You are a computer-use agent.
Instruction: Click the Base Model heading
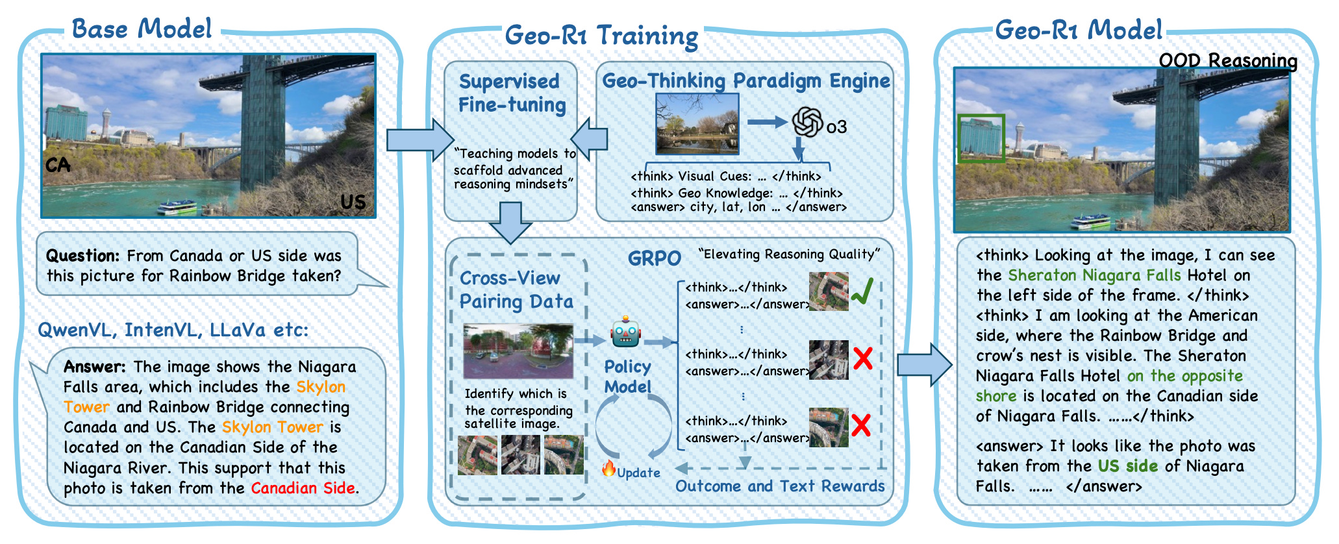(x=142, y=29)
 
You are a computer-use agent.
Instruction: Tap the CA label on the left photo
(x=58, y=165)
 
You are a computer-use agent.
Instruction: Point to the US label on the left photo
(x=353, y=202)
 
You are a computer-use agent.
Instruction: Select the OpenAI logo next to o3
(x=807, y=123)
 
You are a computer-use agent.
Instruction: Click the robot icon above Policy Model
(x=625, y=332)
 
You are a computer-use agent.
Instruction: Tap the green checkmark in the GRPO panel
(x=862, y=291)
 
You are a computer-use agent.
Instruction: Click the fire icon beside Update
(x=608, y=469)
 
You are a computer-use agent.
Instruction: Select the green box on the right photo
(x=981, y=138)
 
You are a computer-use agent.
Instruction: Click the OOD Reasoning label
(x=1227, y=61)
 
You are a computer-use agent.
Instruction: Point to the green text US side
(x=1128, y=466)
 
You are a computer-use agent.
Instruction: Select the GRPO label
(x=654, y=258)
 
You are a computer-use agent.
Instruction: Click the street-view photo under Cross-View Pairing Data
(x=518, y=351)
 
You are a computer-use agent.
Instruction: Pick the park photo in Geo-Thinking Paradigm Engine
(x=697, y=124)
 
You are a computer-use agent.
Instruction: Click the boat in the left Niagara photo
(x=177, y=208)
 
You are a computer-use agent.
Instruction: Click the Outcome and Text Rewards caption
(x=779, y=486)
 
